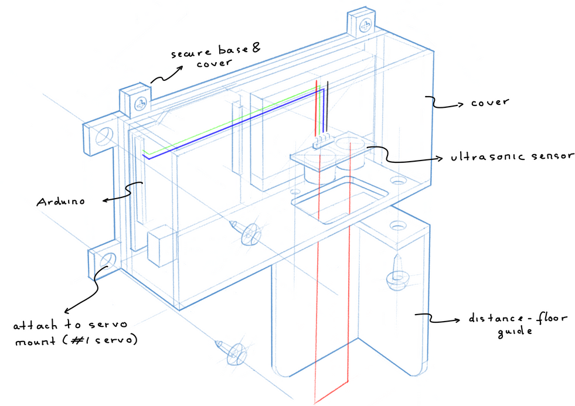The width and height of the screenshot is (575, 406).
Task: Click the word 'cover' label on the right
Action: tap(489, 103)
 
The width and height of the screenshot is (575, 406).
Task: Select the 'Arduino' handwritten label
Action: tap(61, 202)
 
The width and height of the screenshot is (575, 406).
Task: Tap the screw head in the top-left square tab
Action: tap(141, 104)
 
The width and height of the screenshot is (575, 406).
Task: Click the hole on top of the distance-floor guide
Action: tap(399, 225)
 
